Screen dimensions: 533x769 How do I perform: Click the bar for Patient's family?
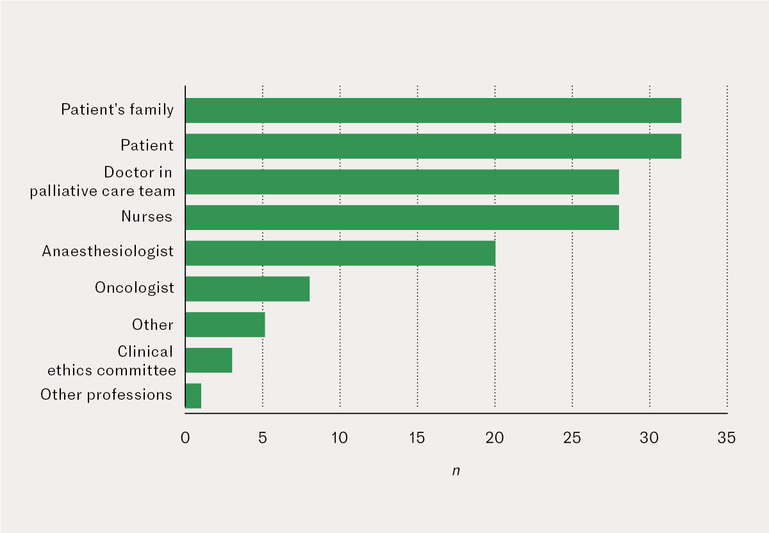[433, 110]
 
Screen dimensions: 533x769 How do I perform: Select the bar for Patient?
[433, 146]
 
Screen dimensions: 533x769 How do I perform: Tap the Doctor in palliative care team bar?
[402, 182]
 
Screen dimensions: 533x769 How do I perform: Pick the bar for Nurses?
[402, 217]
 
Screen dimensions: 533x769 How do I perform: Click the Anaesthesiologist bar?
[340, 253]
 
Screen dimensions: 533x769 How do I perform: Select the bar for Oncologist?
[247, 289]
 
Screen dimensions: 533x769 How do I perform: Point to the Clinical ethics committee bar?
[208, 361]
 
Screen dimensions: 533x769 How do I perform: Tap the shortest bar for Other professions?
[193, 396]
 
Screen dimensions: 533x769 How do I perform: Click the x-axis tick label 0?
[185, 439]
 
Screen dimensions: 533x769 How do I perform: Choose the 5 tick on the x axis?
[263, 439]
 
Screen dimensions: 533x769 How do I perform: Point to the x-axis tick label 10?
[340, 439]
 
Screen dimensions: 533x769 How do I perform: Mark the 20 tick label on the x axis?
[495, 439]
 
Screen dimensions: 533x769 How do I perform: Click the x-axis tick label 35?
[727, 439]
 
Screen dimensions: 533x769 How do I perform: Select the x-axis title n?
[456, 471]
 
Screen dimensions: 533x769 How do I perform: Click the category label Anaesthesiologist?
[108, 251]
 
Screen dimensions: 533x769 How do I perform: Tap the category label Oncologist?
[135, 288]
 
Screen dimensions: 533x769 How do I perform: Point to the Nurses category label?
[147, 217]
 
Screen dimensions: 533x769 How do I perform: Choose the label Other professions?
[106, 395]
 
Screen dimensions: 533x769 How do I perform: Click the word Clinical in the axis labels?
[145, 352]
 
